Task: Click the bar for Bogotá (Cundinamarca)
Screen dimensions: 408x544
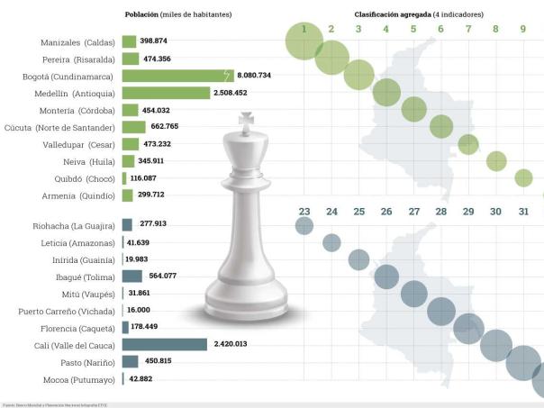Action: click(177, 76)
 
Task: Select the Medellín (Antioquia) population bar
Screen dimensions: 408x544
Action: click(166, 93)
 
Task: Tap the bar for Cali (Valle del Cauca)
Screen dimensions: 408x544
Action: click(164, 344)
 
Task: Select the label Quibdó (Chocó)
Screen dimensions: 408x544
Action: click(77, 178)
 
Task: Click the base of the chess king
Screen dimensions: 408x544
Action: click(246, 306)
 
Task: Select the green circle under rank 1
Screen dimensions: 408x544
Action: click(305, 41)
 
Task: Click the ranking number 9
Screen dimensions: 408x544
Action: click(523, 29)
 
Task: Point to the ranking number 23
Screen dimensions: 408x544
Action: click(304, 213)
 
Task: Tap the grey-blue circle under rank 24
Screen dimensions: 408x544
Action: click(331, 242)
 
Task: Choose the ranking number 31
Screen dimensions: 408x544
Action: click(523, 213)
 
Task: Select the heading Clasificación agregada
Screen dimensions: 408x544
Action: click(391, 15)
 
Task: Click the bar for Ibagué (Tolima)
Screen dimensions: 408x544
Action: click(131, 277)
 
